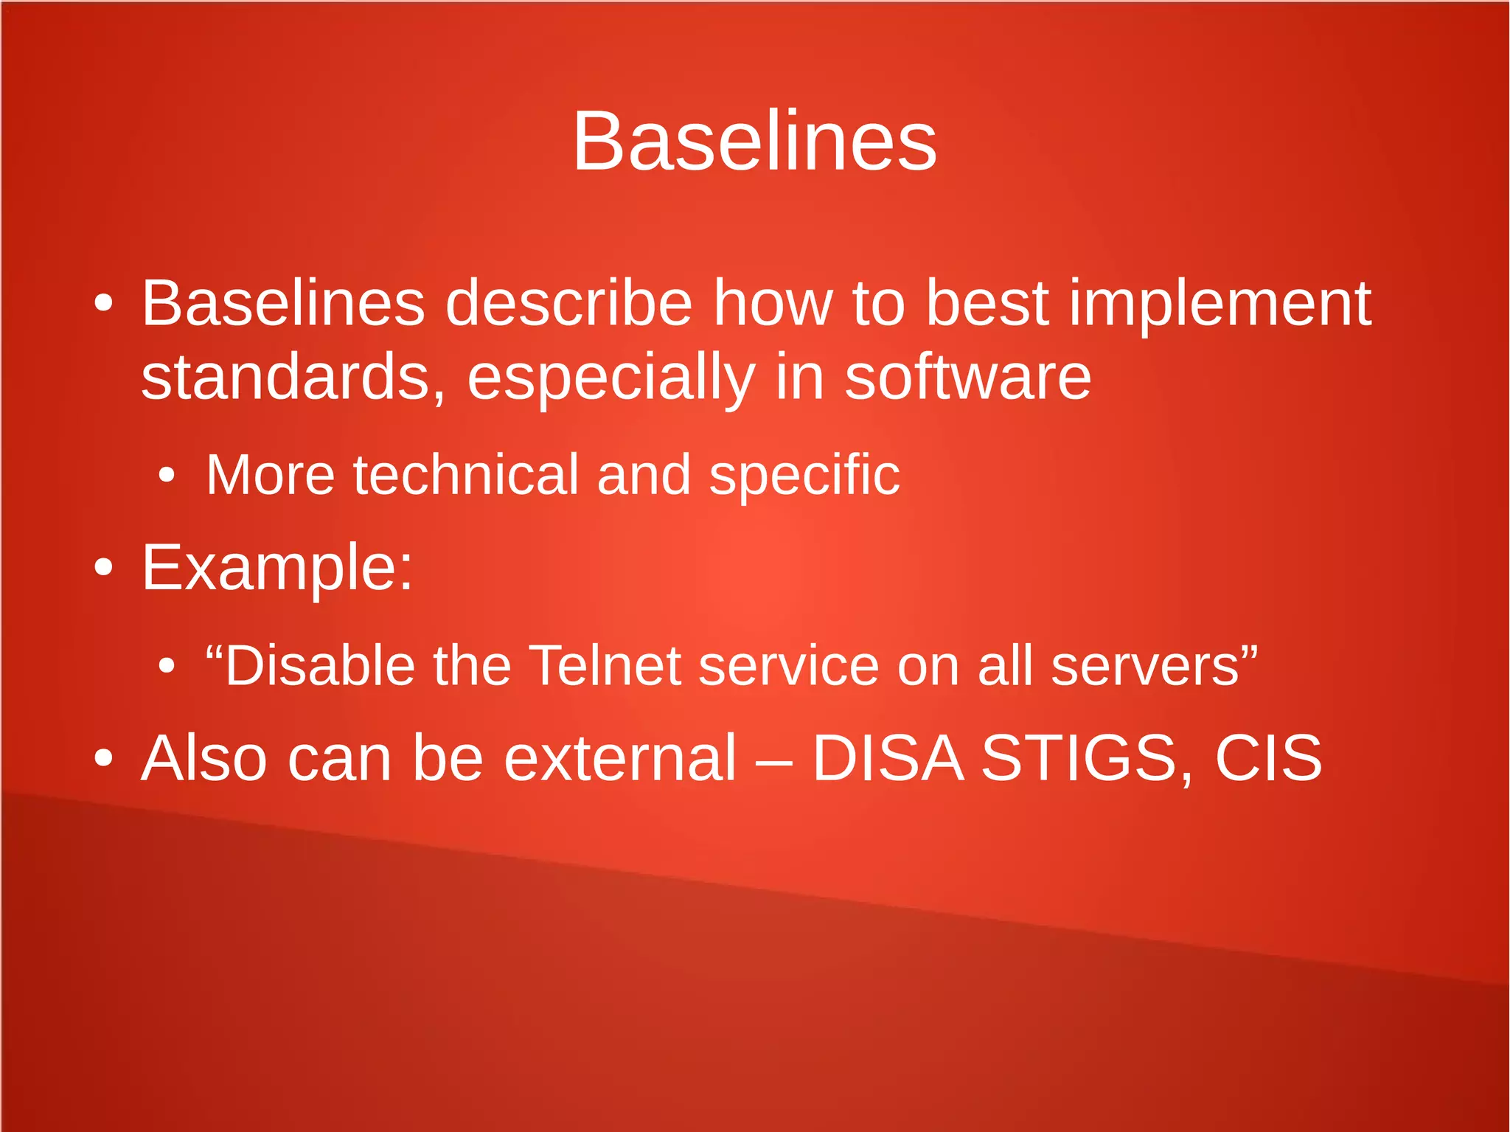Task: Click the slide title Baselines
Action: (x=754, y=141)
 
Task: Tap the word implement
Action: (x=1220, y=304)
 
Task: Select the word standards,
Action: (x=293, y=378)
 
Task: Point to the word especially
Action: (x=611, y=379)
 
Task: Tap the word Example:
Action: (x=277, y=569)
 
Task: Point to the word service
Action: (x=788, y=665)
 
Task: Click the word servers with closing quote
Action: (x=1153, y=665)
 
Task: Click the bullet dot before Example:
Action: (x=104, y=568)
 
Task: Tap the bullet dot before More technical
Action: (x=167, y=476)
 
